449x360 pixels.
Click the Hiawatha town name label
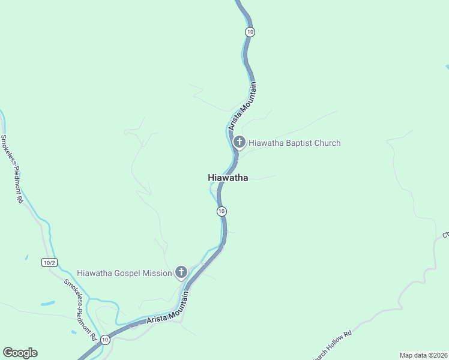228,178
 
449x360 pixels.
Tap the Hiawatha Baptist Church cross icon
239,142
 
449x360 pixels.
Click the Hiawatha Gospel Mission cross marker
181,272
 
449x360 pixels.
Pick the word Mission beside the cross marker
158,273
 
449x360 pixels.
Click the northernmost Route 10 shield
250,32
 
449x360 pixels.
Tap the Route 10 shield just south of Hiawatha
221,211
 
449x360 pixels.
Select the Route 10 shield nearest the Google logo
105,340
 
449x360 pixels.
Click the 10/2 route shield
49,262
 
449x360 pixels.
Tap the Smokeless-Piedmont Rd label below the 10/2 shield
80,310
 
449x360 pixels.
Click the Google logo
20,353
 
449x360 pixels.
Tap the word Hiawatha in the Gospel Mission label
96,273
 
